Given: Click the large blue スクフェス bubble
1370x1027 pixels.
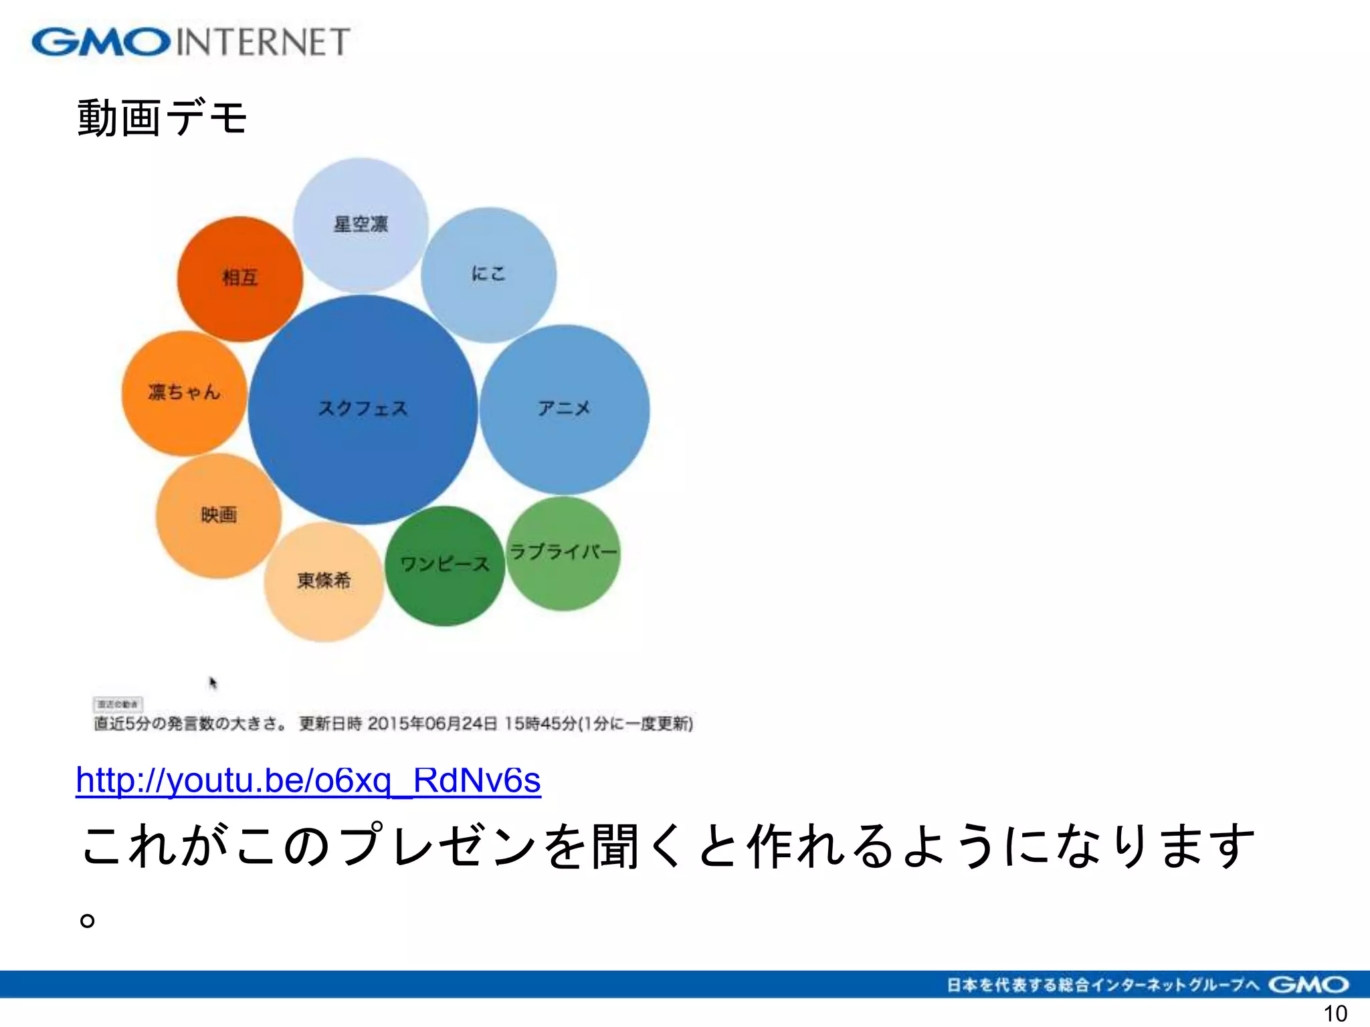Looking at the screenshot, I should coord(363,409).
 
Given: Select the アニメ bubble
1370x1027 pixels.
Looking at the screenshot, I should coord(564,409).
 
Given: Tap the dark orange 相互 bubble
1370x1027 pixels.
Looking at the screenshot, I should coord(239,278).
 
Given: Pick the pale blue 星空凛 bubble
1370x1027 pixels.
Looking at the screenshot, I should coord(361,225).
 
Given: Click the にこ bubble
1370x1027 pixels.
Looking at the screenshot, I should coord(488,274).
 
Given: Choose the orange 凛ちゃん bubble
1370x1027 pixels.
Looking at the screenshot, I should coord(184,392).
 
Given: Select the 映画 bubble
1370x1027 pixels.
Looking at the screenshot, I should coord(218,515).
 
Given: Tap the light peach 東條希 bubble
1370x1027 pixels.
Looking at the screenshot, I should coord(324,581).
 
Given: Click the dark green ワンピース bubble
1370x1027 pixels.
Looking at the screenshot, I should coord(444,565).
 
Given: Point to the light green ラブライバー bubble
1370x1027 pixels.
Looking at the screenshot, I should coord(563,553).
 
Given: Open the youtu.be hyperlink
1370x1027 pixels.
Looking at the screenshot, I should coord(308,780).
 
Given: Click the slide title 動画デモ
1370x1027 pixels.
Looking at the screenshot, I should coord(163,118).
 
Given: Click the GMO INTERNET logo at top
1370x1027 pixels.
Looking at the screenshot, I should coord(191,41).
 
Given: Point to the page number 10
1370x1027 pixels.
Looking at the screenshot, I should coord(1335,1014).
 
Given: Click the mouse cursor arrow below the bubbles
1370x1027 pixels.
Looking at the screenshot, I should coord(213,683).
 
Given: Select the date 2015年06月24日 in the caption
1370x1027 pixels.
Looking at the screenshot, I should coord(432,723).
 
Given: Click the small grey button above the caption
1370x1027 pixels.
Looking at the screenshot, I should coord(118,704).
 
